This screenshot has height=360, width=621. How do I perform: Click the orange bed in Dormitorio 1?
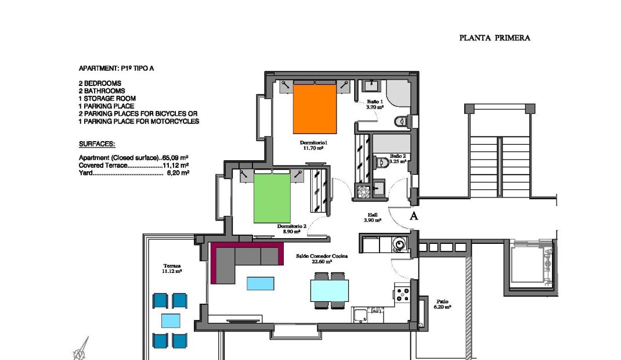pyautogui.click(x=315, y=109)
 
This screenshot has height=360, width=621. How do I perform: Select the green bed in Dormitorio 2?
pyautogui.click(x=272, y=197)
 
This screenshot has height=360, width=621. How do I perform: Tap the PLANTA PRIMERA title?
pyautogui.click(x=494, y=38)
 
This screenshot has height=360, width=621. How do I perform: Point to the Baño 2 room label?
pyautogui.click(x=398, y=159)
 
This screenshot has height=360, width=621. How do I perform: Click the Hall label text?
pyautogui.click(x=373, y=217)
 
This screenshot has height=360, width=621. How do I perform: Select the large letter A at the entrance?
pyautogui.click(x=414, y=217)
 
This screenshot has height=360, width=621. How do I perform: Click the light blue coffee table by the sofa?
pyautogui.click(x=260, y=283)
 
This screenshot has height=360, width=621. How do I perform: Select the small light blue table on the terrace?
pyautogui.click(x=170, y=321)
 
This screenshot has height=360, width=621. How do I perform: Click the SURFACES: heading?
pyautogui.click(x=97, y=143)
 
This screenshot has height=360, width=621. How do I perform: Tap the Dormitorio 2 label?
pyautogui.click(x=288, y=228)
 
